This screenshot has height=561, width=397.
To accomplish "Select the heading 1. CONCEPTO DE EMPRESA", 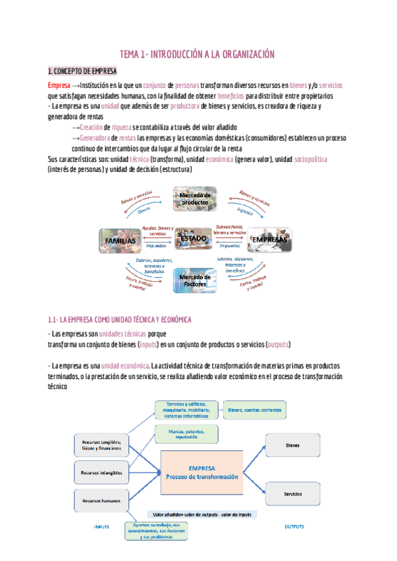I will [83, 71].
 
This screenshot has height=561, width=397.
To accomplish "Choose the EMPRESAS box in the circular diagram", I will [269, 240].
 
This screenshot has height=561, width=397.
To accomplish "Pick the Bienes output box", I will [292, 445].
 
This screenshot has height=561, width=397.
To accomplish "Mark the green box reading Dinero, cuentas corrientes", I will [255, 411].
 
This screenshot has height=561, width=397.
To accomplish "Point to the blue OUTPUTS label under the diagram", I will [294, 527].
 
